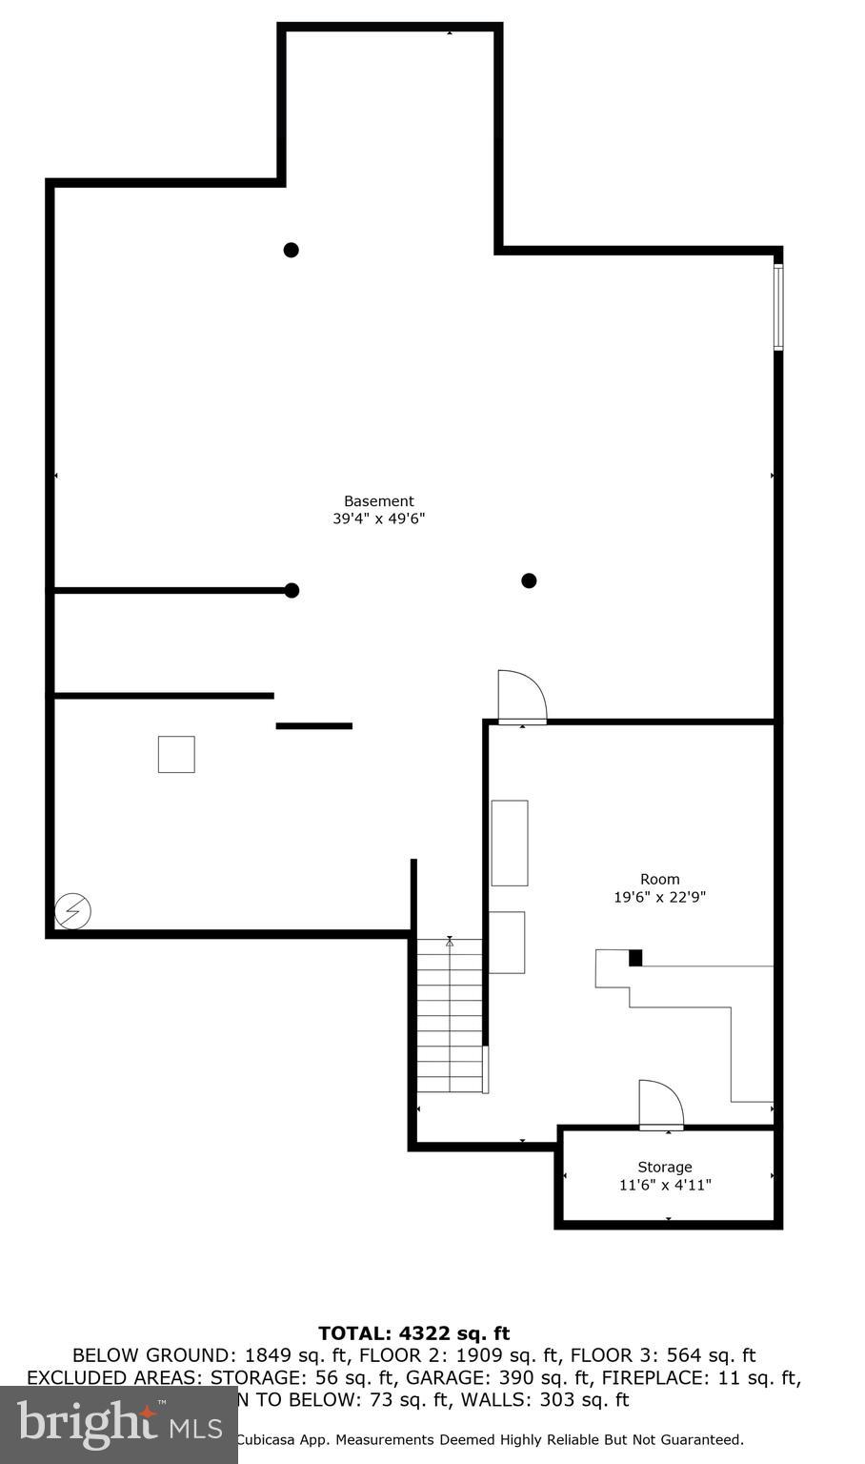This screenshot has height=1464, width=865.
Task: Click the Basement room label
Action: (378, 501)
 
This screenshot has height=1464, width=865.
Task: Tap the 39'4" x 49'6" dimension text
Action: (378, 519)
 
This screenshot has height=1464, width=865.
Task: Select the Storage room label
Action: (665, 1168)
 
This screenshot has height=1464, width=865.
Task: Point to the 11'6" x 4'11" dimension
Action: (665, 1186)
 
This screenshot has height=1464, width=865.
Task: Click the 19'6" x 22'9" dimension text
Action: (659, 897)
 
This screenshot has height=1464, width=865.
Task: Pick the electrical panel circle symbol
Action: (73, 911)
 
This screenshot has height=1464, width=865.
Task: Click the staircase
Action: (450, 1016)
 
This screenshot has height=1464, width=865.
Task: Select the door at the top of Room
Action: (522, 697)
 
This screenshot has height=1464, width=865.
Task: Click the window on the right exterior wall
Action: (778, 307)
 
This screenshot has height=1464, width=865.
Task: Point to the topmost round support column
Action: (292, 250)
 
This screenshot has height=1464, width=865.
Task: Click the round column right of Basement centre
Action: (529, 580)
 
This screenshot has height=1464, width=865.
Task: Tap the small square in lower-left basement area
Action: (176, 754)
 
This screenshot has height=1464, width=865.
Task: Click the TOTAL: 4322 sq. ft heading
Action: (413, 1333)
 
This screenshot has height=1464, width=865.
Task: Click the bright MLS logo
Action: (118, 1425)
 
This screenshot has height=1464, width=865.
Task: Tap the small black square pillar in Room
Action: (635, 958)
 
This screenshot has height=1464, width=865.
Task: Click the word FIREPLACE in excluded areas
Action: (653, 1378)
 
